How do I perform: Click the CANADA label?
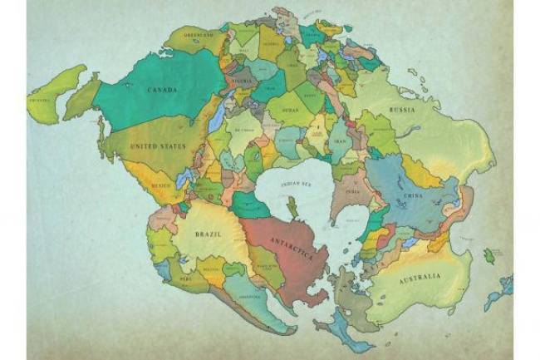coord(161,90)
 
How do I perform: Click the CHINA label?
coord(412,196)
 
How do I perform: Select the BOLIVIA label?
coord(210,269)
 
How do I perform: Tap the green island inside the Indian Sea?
coord(292,205)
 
